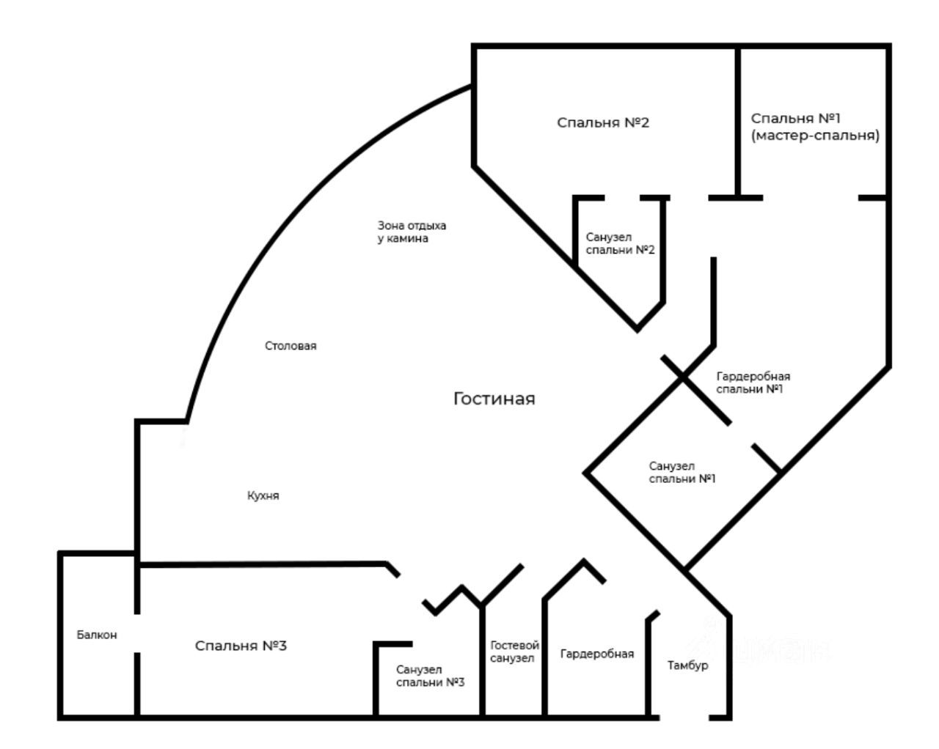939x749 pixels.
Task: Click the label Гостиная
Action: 494,399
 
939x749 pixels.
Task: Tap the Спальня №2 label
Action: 603,122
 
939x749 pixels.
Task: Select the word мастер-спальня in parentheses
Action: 815,136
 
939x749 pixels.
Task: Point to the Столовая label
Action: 291,346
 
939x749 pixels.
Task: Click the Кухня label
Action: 263,495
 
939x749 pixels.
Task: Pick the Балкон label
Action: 97,635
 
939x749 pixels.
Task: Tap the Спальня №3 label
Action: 241,646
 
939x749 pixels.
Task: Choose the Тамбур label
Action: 687,665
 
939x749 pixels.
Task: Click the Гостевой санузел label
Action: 514,652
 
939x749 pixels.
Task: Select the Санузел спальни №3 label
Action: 430,676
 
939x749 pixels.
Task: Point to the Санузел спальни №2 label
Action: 620,244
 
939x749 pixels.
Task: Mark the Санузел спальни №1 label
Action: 682,473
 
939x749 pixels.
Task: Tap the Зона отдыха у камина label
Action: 412,232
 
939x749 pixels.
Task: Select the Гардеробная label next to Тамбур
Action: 597,654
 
